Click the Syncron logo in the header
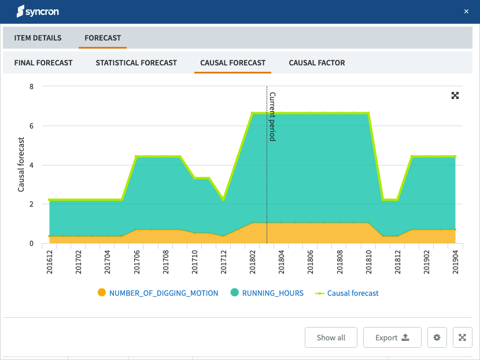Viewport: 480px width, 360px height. (x=38, y=12)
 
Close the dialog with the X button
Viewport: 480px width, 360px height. (x=466, y=12)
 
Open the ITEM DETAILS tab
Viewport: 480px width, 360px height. (x=38, y=38)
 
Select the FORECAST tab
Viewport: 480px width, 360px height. (x=103, y=38)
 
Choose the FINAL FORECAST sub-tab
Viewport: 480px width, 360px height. (x=43, y=63)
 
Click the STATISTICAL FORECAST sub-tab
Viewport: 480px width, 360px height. (x=136, y=63)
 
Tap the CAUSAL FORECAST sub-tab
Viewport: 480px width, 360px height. (x=232, y=63)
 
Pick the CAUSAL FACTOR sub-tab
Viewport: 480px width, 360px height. (x=317, y=63)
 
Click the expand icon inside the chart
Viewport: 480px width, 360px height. (x=455, y=95)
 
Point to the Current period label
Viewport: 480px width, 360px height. (x=272, y=116)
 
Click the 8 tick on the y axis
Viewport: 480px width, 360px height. (x=31, y=86)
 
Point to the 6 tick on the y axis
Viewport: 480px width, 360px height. (x=31, y=126)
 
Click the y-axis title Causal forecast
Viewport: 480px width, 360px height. (x=21, y=164)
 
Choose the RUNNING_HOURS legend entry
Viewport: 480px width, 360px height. (x=272, y=293)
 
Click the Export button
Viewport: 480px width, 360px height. (x=392, y=337)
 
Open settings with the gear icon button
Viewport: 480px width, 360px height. (x=437, y=337)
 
